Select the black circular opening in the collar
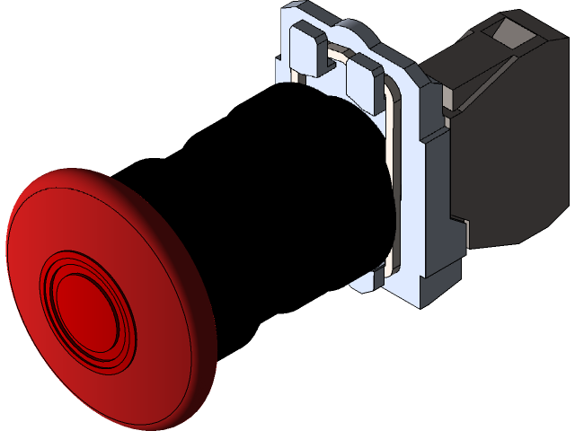[332, 180]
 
